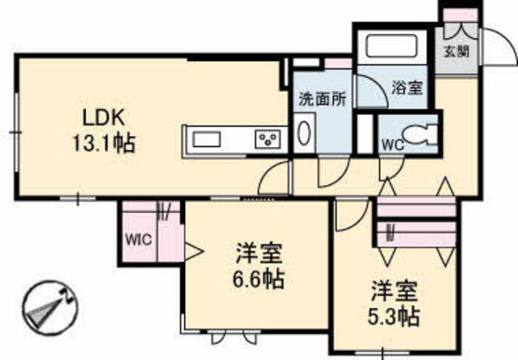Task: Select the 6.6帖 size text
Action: pyautogui.click(x=259, y=277)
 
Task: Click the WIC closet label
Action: pyautogui.click(x=138, y=238)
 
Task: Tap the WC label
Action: pyautogui.click(x=391, y=143)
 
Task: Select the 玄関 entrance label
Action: pyautogui.click(x=455, y=50)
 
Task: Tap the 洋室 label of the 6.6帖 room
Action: pyautogui.click(x=259, y=252)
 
